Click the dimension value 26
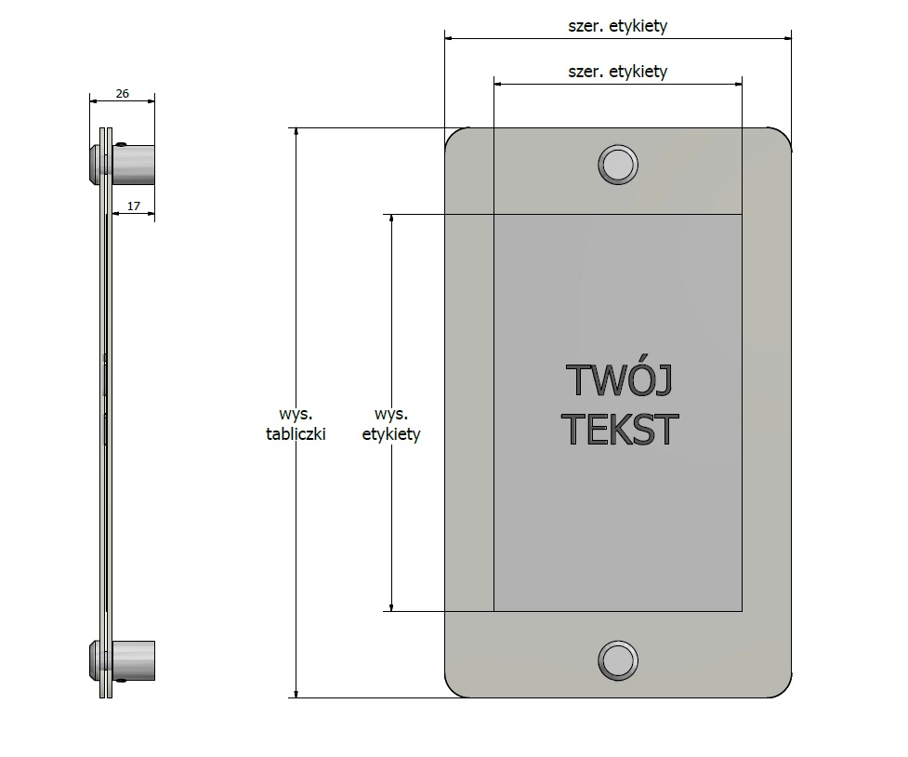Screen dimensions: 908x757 [x=122, y=93]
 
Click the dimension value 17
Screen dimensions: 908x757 [x=134, y=206]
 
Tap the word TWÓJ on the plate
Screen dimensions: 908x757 [x=619, y=379]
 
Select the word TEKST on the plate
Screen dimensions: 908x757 [x=619, y=429]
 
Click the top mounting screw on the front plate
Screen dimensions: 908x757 [x=618, y=165]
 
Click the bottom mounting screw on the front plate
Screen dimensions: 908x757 [x=618, y=661]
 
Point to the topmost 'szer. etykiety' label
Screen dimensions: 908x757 [x=618, y=25]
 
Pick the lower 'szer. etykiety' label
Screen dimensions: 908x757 [x=618, y=72]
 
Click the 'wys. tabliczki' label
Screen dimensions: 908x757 [x=296, y=424]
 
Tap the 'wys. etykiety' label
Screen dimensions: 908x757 [x=391, y=424]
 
